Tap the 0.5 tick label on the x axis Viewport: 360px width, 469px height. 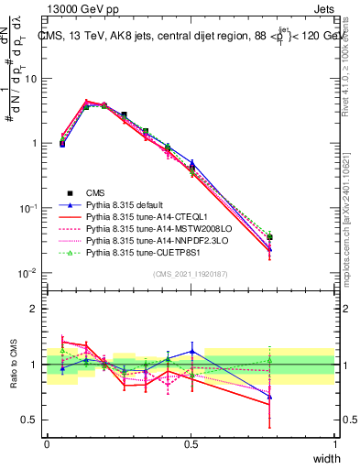[x=191, y=444]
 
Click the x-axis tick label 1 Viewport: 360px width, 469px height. [x=335, y=444]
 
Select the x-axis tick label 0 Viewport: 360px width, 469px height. [x=47, y=444]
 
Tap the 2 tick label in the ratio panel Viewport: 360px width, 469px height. [x=34, y=308]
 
